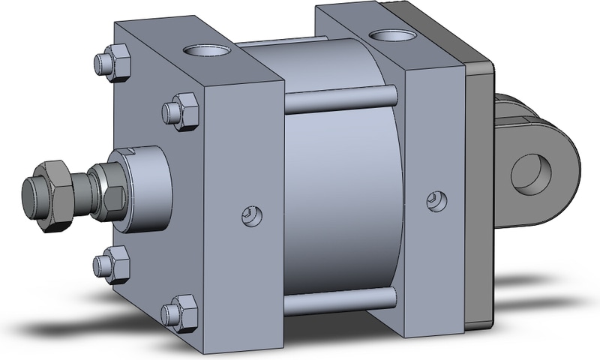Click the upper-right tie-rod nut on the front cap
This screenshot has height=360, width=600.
tap(181, 111)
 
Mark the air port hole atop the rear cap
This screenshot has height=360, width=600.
tap(391, 34)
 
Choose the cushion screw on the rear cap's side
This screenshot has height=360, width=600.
tap(434, 200)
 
